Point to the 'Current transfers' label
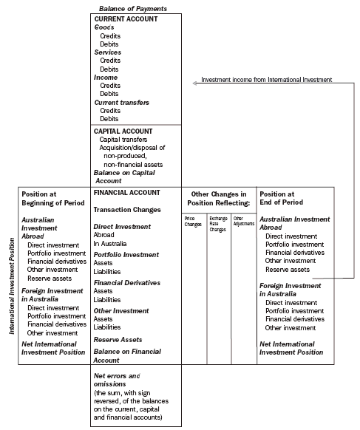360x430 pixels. click(x=120, y=102)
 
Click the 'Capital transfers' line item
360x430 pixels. click(x=123, y=140)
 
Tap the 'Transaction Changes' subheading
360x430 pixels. click(x=127, y=210)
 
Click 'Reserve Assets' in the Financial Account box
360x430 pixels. click(x=118, y=339)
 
